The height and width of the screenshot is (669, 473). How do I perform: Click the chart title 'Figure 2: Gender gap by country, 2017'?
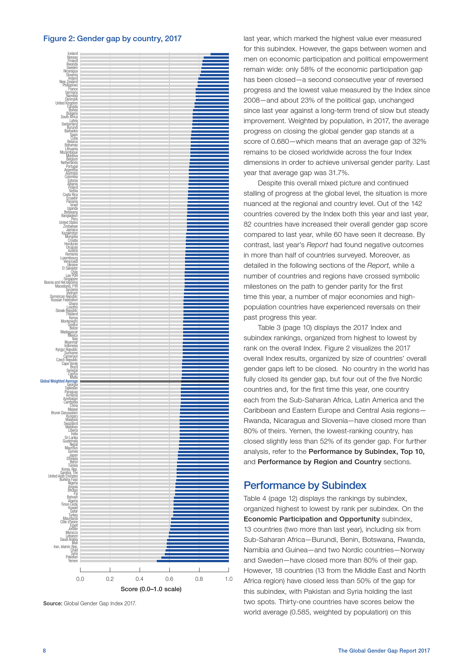[x=112, y=39]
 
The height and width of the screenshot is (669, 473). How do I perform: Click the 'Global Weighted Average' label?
[x=59, y=381]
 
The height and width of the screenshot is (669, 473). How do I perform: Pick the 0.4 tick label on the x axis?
[x=140, y=579]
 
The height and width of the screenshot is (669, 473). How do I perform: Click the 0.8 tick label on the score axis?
[x=199, y=579]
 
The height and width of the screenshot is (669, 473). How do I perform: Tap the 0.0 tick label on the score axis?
[x=80, y=579]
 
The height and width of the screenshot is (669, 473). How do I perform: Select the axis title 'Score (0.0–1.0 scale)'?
[x=151, y=589]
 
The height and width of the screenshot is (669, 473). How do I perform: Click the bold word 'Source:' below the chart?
[x=53, y=603]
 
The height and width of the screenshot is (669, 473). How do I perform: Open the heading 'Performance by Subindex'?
[x=305, y=485]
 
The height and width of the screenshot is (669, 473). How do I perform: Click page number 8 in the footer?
[x=44, y=651]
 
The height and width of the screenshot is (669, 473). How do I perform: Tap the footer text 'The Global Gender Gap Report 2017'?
[x=384, y=651]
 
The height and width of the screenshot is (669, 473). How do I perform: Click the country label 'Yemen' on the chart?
[x=73, y=561]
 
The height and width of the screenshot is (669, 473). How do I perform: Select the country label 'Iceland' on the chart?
[x=72, y=54]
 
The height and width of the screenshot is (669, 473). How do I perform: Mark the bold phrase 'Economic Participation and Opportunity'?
[x=312, y=519]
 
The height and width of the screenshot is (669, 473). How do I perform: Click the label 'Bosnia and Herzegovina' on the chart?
[x=61, y=282]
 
